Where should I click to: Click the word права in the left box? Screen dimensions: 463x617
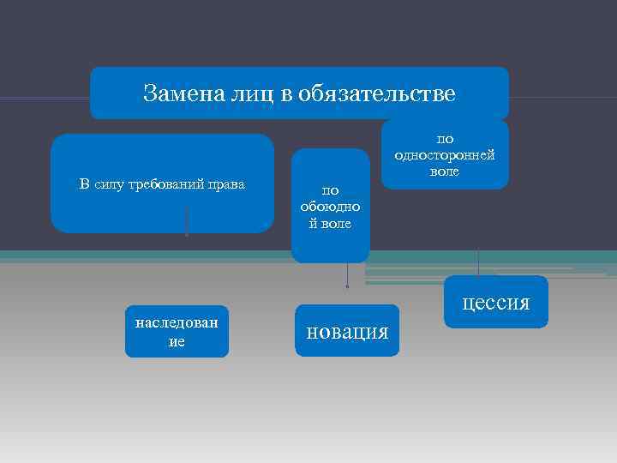[x=225, y=184]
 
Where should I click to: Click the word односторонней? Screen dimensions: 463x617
[x=445, y=155]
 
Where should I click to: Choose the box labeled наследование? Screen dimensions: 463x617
[x=177, y=330]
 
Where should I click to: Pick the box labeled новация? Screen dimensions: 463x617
[x=347, y=331]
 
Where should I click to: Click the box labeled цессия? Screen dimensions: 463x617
[x=496, y=303]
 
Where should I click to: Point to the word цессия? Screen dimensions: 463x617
[x=496, y=303]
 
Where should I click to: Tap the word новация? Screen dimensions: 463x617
[x=347, y=331]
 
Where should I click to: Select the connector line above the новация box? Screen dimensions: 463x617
[x=347, y=276]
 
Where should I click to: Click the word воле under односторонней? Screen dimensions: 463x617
[x=445, y=171]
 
